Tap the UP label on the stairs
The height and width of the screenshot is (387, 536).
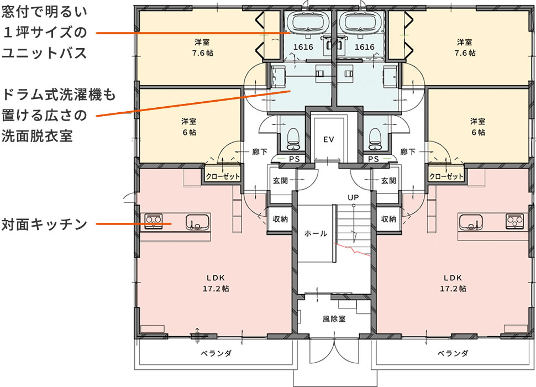tap(353, 197)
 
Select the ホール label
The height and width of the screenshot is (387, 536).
tap(316, 233)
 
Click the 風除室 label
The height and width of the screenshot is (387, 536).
tap(334, 319)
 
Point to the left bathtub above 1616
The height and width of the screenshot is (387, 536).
tap(303, 23)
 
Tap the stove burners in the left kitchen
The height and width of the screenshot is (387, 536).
tap(153, 222)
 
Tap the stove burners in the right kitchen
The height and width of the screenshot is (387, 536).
tap(514, 221)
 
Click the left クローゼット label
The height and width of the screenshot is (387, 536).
tap(223, 177)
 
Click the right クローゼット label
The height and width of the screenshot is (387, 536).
tap(446, 177)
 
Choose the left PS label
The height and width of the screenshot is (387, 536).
tap(295, 159)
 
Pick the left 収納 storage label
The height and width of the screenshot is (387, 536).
tap(280, 219)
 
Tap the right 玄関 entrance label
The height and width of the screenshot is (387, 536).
tap(388, 180)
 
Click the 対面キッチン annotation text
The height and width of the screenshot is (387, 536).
tap(45, 224)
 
